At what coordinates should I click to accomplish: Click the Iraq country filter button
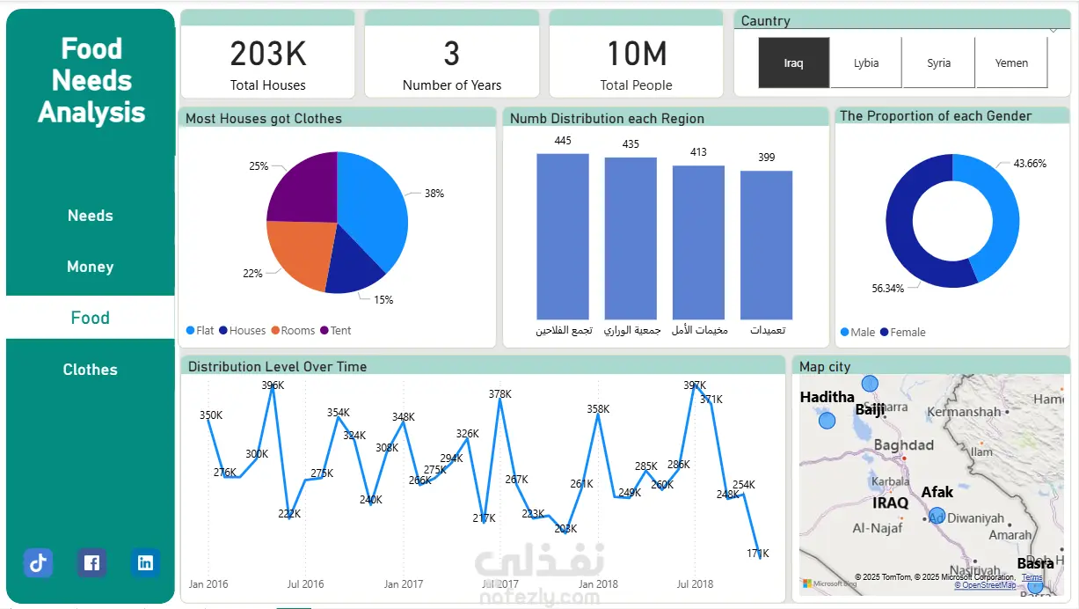click(793, 63)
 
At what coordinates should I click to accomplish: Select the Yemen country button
click(1011, 63)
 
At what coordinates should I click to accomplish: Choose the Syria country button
click(938, 63)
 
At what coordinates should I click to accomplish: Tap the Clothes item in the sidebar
click(90, 370)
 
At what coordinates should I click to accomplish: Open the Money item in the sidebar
click(90, 267)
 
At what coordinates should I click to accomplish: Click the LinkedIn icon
click(145, 563)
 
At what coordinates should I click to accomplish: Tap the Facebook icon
click(91, 563)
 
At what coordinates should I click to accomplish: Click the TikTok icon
click(38, 563)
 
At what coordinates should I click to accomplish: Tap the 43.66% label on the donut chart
click(1030, 164)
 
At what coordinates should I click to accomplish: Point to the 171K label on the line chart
click(757, 554)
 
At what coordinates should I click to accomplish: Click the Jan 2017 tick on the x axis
click(404, 583)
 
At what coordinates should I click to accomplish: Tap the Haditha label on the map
click(827, 398)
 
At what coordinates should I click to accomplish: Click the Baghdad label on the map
click(903, 445)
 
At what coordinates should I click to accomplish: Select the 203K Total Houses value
click(268, 55)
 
